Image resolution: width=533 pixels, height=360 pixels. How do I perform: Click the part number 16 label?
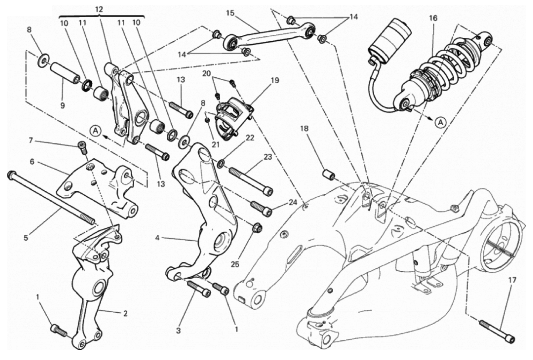pos(433,18)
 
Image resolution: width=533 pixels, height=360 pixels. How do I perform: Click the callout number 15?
pos(230,13)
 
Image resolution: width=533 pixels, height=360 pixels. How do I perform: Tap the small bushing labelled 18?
pos(329,177)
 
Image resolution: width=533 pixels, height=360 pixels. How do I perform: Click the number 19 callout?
pos(274,81)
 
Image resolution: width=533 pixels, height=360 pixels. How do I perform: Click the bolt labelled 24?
pos(261,208)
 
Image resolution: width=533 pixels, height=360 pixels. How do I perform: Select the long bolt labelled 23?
pos(250,181)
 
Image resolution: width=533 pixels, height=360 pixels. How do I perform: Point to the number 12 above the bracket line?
pos(99,10)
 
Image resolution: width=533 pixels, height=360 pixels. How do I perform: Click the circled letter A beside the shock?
pos(441,122)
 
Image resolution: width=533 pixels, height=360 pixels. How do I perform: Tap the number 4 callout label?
pos(157,238)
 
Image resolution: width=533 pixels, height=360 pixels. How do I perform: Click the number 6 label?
pos(32,162)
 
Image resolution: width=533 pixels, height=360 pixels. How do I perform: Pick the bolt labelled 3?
pos(199,289)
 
